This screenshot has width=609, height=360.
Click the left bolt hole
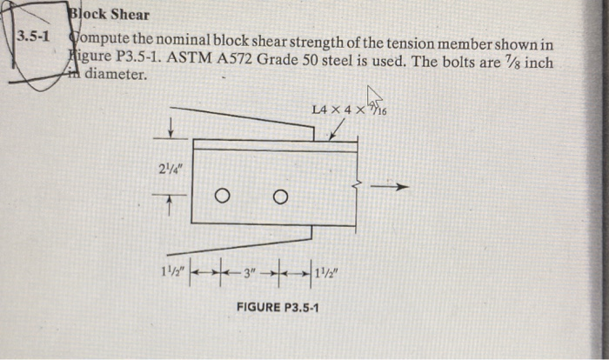tap(223, 194)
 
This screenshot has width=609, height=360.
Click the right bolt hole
tap(279, 194)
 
